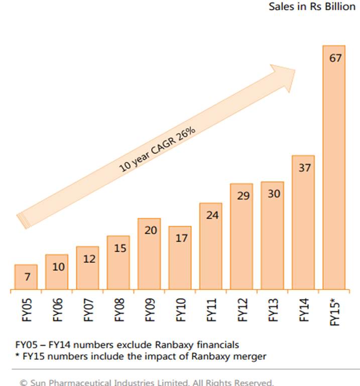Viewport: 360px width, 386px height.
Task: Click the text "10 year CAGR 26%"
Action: pyautogui.click(x=157, y=150)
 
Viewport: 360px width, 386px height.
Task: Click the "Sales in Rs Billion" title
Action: pyautogui.click(x=312, y=8)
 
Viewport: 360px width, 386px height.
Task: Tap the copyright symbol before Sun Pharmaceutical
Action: pyautogui.click(x=23, y=382)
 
